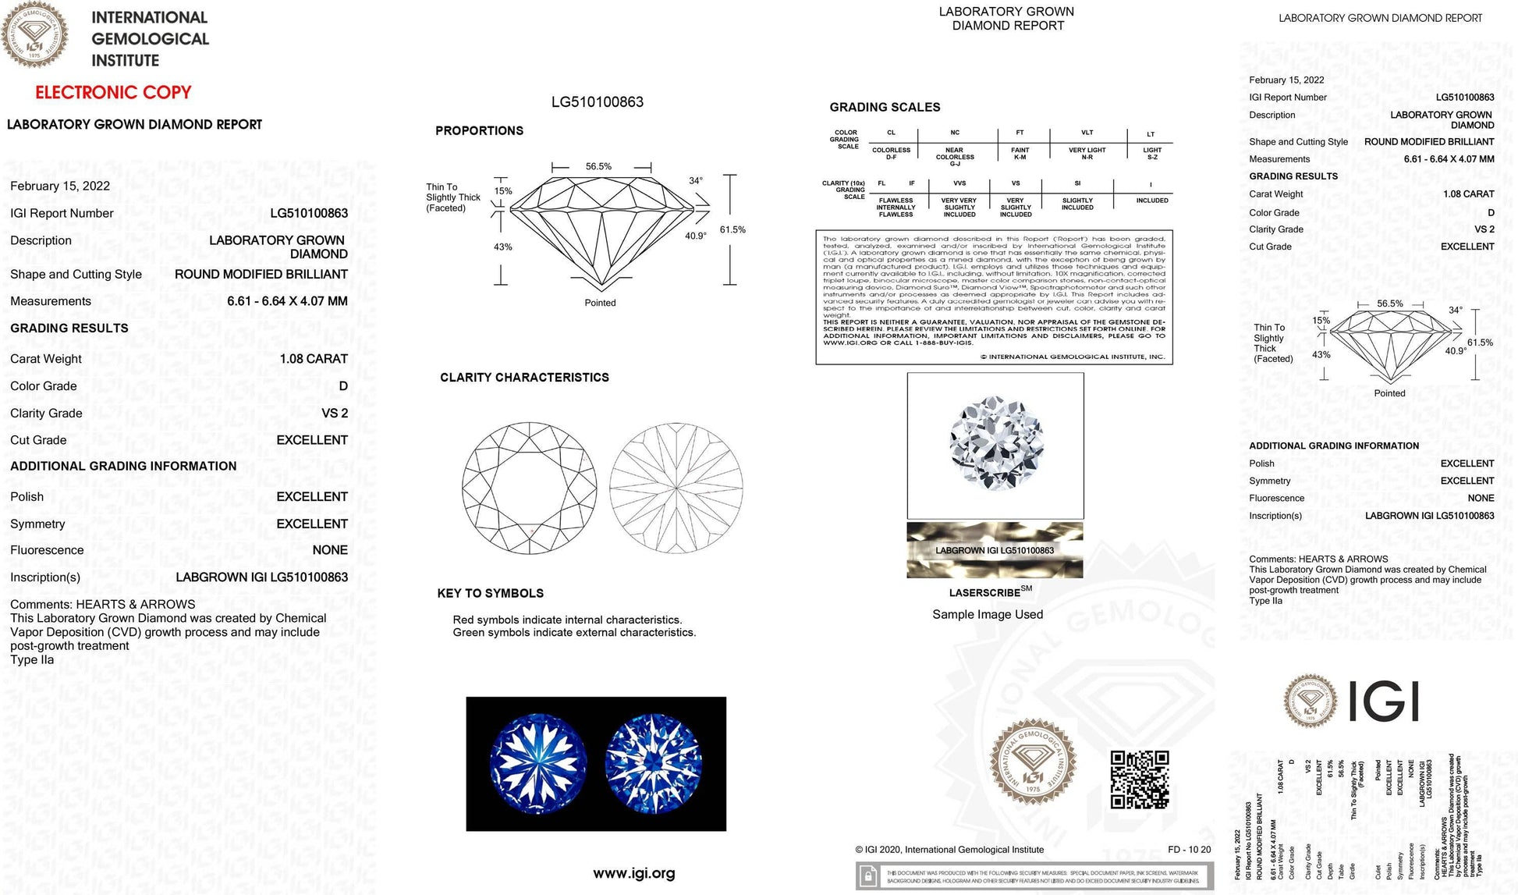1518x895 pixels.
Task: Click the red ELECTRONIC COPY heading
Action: click(113, 92)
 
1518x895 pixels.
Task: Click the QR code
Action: click(1139, 780)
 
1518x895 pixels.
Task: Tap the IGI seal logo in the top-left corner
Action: click(34, 34)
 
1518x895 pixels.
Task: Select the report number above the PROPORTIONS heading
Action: click(597, 102)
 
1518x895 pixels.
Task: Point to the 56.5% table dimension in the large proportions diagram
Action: click(598, 166)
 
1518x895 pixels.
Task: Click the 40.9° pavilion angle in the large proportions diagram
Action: click(695, 236)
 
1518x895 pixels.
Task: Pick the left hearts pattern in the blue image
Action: click(537, 763)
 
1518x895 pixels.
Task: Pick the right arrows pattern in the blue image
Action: click(653, 763)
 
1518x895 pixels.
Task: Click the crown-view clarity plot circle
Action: click(529, 488)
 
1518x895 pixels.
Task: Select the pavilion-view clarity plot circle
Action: click(676, 488)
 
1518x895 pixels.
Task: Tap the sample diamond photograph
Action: click(995, 445)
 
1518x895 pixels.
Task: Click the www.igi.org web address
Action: click(633, 873)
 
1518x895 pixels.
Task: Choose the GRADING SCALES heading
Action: click(885, 107)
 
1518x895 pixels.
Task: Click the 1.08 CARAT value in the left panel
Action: click(314, 359)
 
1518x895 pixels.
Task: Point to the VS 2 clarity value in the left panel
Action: click(335, 414)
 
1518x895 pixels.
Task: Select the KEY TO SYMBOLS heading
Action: click(490, 593)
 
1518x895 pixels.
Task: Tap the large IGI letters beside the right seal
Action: click(1383, 701)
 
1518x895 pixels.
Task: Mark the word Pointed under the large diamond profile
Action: click(600, 303)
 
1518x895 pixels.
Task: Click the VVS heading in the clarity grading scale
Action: click(959, 183)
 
